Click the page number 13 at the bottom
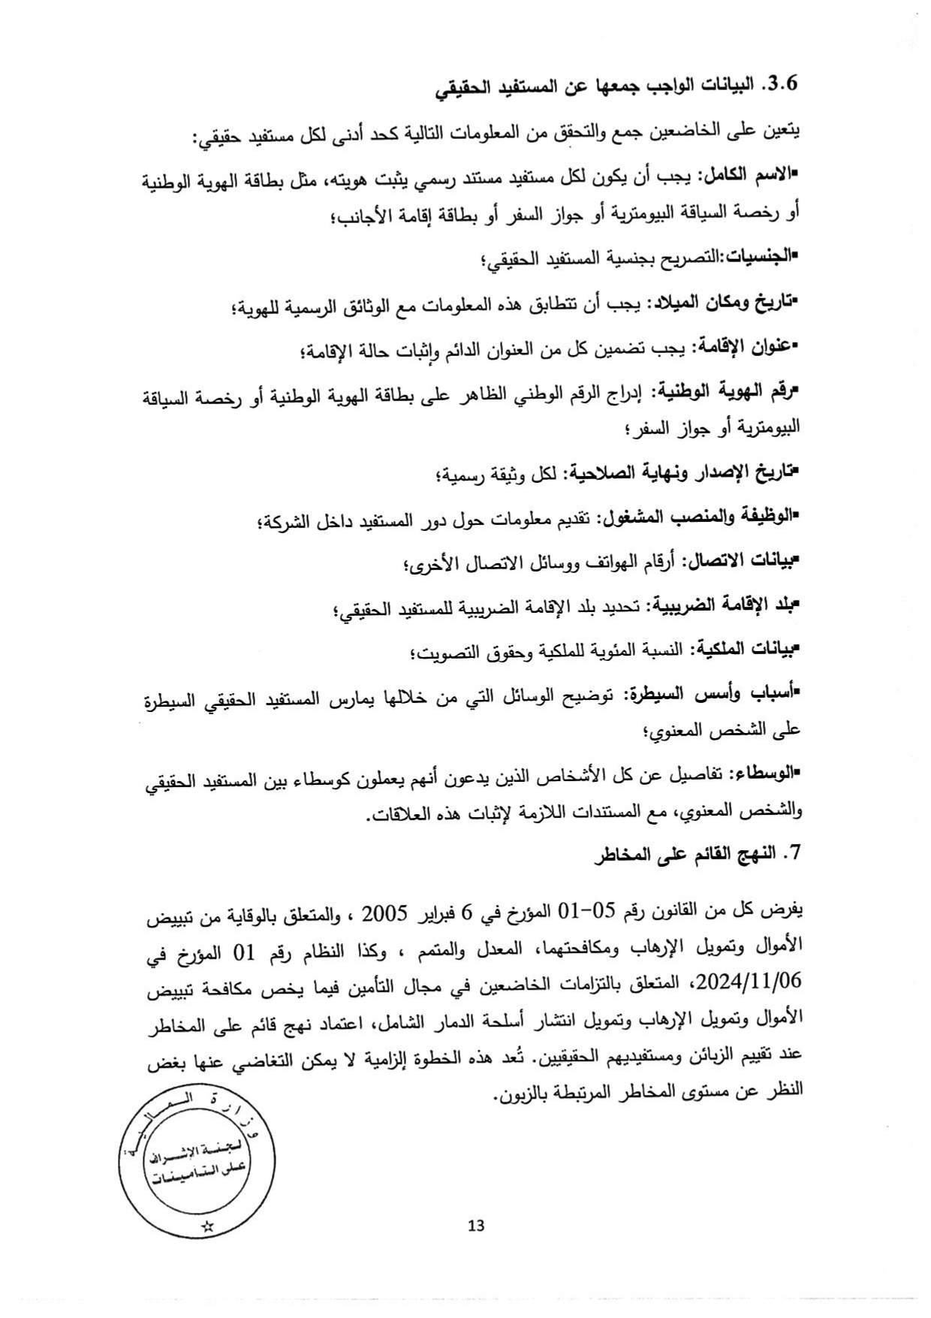click(476, 1226)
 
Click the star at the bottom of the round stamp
click(208, 1227)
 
